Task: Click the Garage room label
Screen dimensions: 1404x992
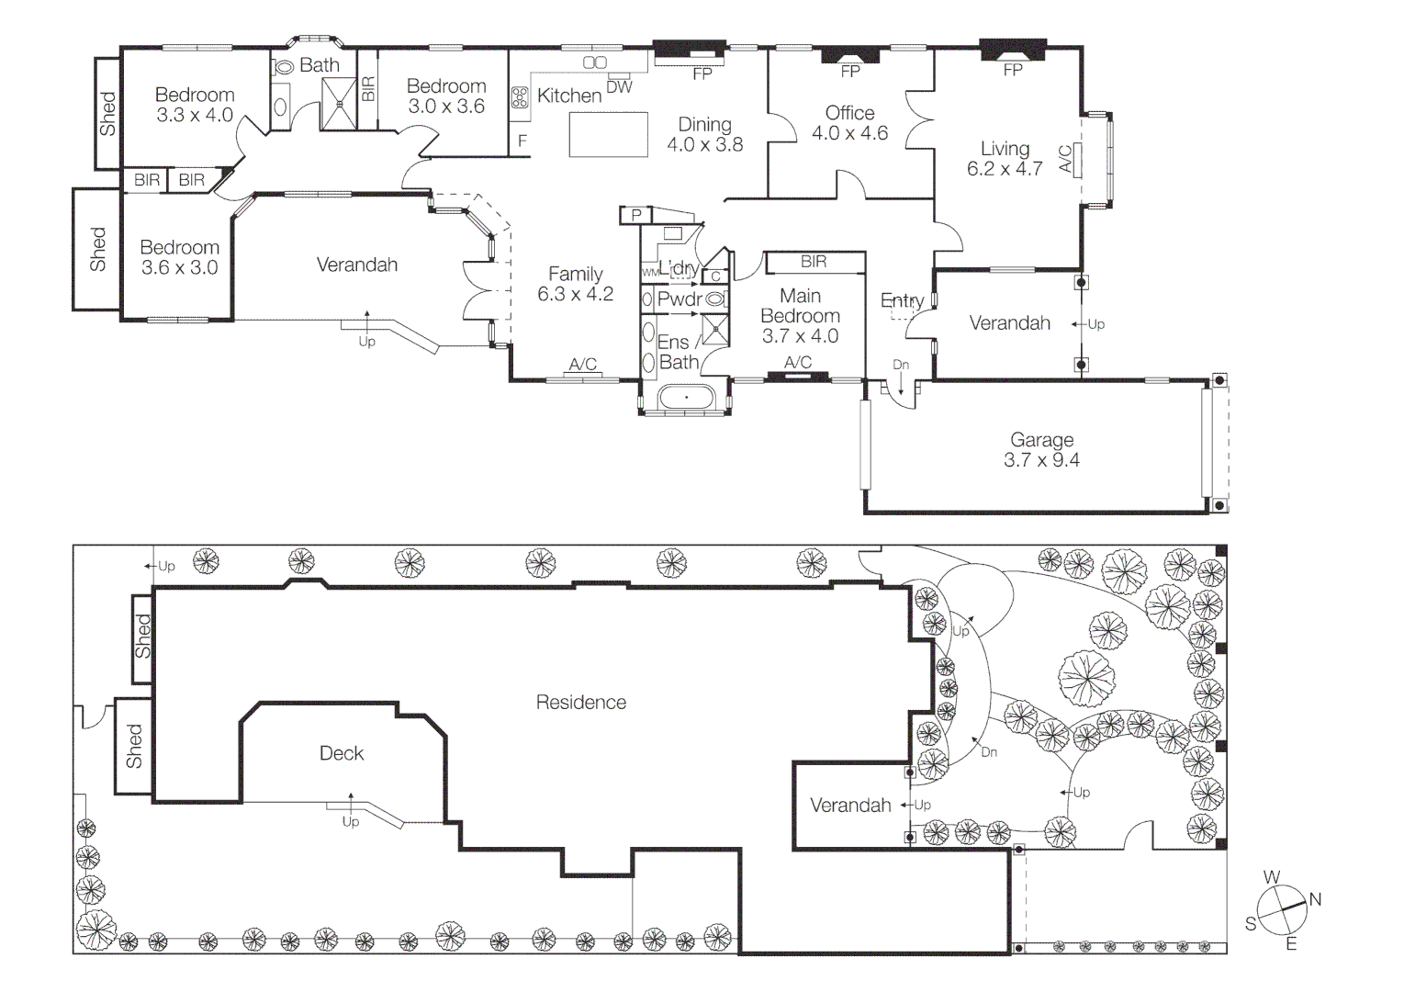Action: pyautogui.click(x=1041, y=440)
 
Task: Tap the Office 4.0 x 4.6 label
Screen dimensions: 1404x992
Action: pyautogui.click(x=850, y=123)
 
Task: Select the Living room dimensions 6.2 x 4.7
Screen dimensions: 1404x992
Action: pyautogui.click(x=1005, y=169)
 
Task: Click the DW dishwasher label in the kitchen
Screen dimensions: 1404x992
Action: pyautogui.click(x=619, y=88)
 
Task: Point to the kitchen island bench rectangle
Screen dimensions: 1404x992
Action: pyautogui.click(x=608, y=134)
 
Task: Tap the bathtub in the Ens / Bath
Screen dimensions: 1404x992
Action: pyautogui.click(x=686, y=398)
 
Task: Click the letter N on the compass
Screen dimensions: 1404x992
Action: pyautogui.click(x=1315, y=900)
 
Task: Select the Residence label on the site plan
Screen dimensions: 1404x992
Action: pyautogui.click(x=581, y=703)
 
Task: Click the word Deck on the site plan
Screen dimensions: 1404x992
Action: pyautogui.click(x=342, y=753)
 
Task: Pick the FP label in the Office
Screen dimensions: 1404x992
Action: pyautogui.click(x=850, y=72)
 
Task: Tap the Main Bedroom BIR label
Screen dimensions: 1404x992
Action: pyautogui.click(x=814, y=262)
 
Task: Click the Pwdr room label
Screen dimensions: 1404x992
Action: pyautogui.click(x=680, y=299)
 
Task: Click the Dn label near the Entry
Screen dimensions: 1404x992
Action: pyautogui.click(x=901, y=365)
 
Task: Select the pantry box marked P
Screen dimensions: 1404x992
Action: pyautogui.click(x=636, y=216)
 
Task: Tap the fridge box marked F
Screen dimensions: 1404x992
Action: pyautogui.click(x=522, y=141)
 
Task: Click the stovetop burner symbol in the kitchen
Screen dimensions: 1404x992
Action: pyautogui.click(x=520, y=97)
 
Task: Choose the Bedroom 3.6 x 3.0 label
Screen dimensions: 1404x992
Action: pyautogui.click(x=179, y=257)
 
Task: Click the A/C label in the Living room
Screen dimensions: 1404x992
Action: pyautogui.click(x=1065, y=159)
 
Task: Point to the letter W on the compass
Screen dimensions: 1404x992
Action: pyautogui.click(x=1271, y=876)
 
